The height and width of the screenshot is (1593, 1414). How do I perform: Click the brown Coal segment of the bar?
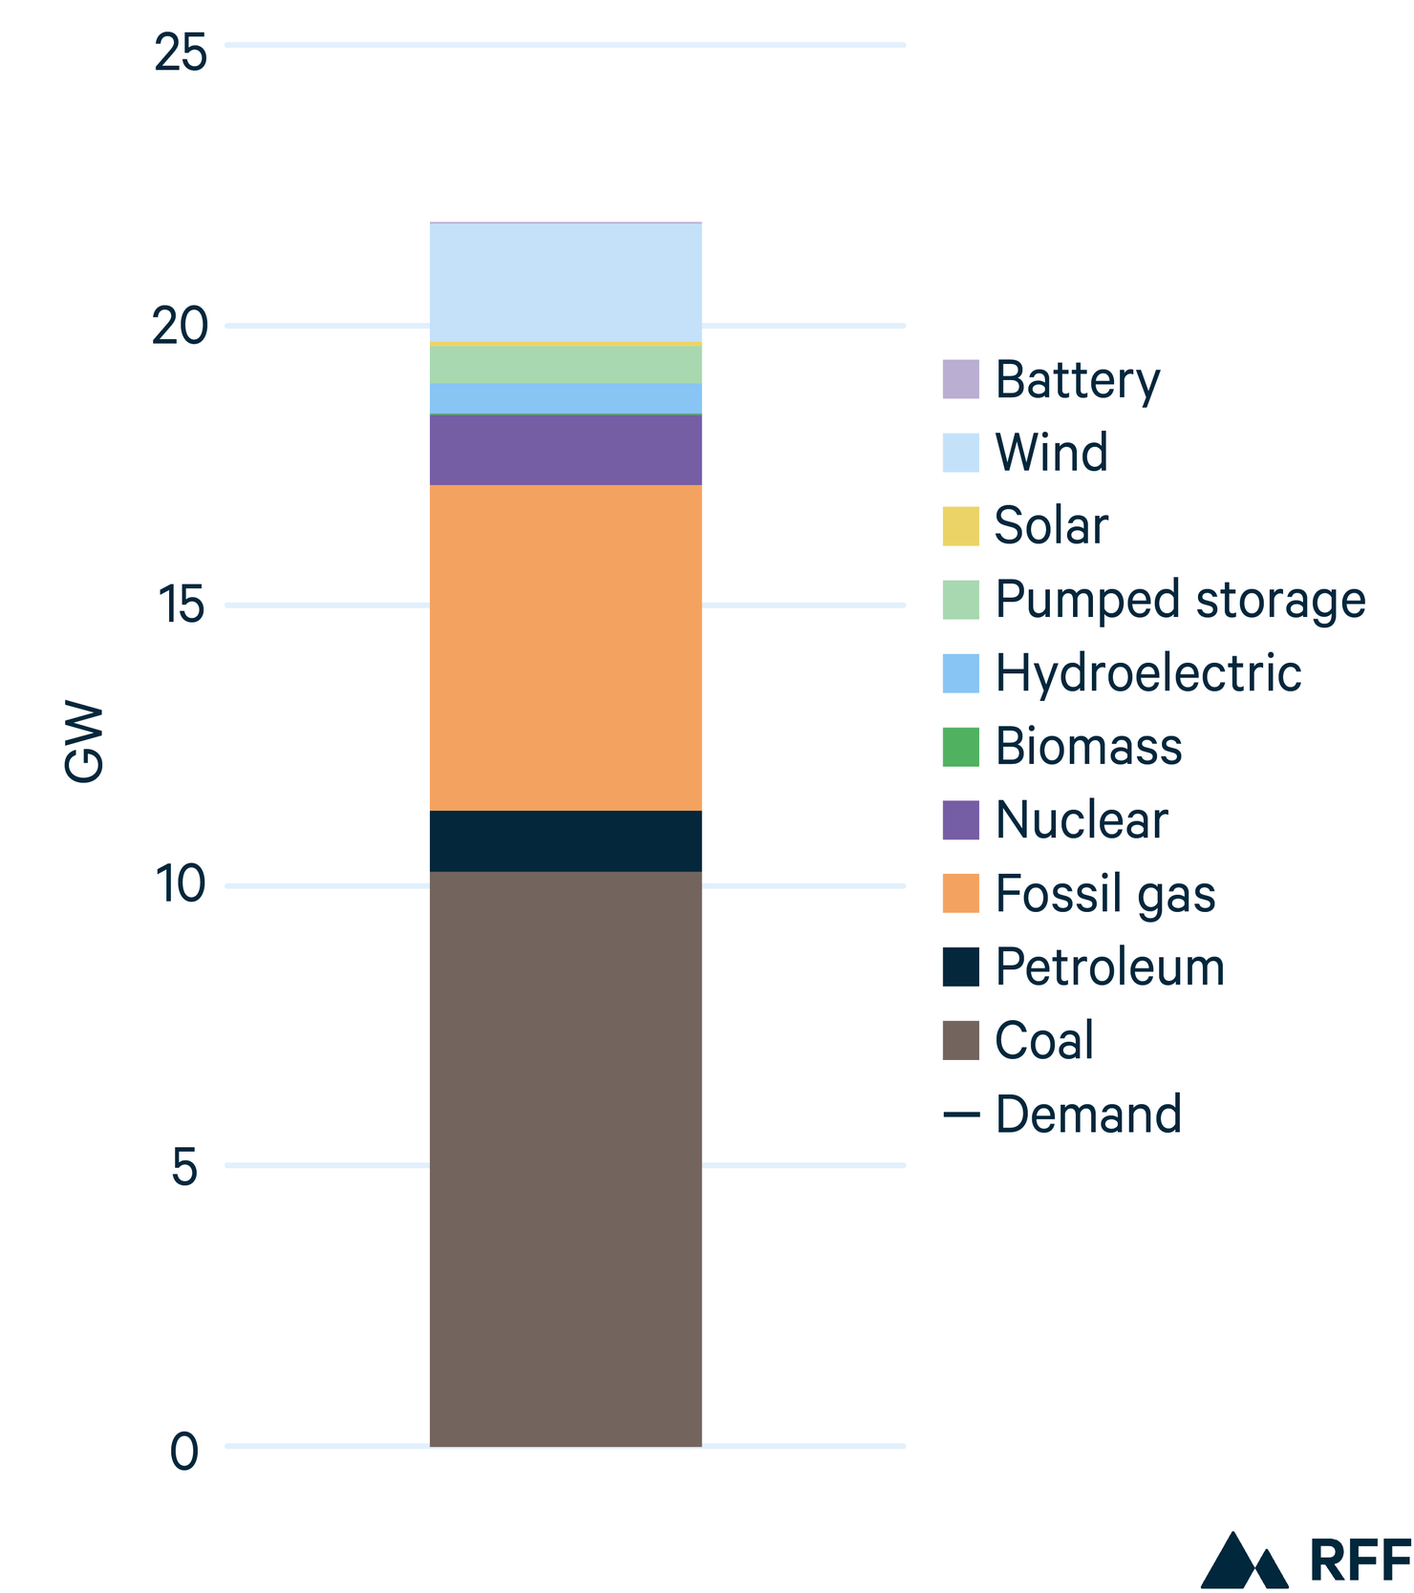(566, 1158)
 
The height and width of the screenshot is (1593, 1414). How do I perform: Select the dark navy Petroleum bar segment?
(566, 840)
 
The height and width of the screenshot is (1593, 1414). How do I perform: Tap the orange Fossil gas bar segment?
(566, 648)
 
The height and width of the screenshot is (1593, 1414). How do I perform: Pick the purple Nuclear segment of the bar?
(566, 450)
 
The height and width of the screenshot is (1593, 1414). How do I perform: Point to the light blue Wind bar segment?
(566, 282)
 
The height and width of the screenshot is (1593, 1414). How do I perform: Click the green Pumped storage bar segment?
(566, 364)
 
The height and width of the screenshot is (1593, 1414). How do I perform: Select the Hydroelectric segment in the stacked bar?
(566, 398)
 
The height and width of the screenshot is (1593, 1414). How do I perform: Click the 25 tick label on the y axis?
(181, 53)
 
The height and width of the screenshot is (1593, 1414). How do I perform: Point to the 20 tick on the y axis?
(181, 327)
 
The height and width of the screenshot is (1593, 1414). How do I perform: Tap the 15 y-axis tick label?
(181, 605)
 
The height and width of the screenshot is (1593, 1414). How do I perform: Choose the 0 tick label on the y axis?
(184, 1452)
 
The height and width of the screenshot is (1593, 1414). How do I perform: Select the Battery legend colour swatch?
(960, 379)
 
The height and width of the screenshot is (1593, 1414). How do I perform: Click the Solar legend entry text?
(1051, 525)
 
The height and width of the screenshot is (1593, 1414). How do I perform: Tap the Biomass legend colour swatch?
(960, 746)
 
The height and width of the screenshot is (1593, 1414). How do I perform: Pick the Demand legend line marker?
(960, 1115)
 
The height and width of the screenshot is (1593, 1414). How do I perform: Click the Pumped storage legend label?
(1180, 600)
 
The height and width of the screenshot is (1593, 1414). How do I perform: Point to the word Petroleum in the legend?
(1109, 966)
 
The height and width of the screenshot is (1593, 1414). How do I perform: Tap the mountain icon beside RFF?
(1243, 1561)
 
